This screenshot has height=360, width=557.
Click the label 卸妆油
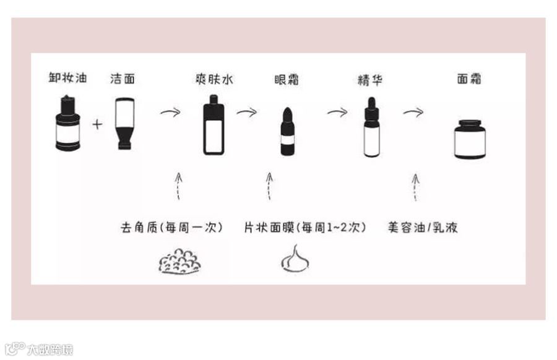point(67,78)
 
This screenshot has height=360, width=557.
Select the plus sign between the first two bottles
point(97,124)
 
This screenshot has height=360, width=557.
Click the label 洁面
point(122,79)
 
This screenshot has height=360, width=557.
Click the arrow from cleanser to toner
point(170,112)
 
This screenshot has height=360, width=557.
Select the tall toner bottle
point(213,126)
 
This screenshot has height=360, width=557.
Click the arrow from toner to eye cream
point(246,112)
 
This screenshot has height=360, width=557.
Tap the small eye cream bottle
point(287,132)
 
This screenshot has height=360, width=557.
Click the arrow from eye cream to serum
point(337,112)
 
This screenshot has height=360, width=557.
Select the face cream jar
point(470,140)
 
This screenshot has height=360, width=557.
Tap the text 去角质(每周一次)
point(171,227)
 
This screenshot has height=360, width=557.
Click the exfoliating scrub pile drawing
point(179,261)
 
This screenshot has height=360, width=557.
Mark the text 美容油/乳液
point(423,227)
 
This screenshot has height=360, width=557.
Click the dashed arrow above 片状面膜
point(269,186)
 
